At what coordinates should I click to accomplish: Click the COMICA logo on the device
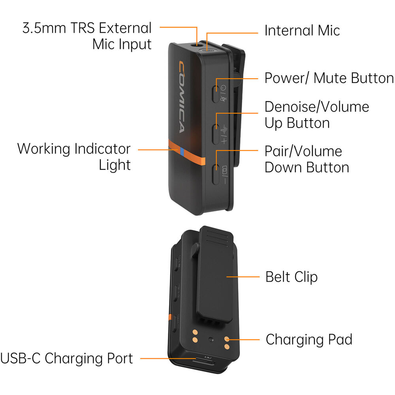pyautogui.click(x=181, y=97)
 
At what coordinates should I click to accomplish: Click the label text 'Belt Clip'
pyautogui.click(x=291, y=276)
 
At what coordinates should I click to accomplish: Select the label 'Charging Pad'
pyautogui.click(x=308, y=339)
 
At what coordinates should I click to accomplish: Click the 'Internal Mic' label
pyautogui.click(x=302, y=30)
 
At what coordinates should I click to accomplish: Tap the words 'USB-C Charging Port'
pyautogui.click(x=66, y=359)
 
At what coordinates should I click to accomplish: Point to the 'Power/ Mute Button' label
pyautogui.click(x=329, y=78)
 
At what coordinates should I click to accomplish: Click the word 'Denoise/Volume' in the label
pyautogui.click(x=317, y=107)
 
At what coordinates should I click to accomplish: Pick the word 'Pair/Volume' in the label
pyautogui.click(x=303, y=151)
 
